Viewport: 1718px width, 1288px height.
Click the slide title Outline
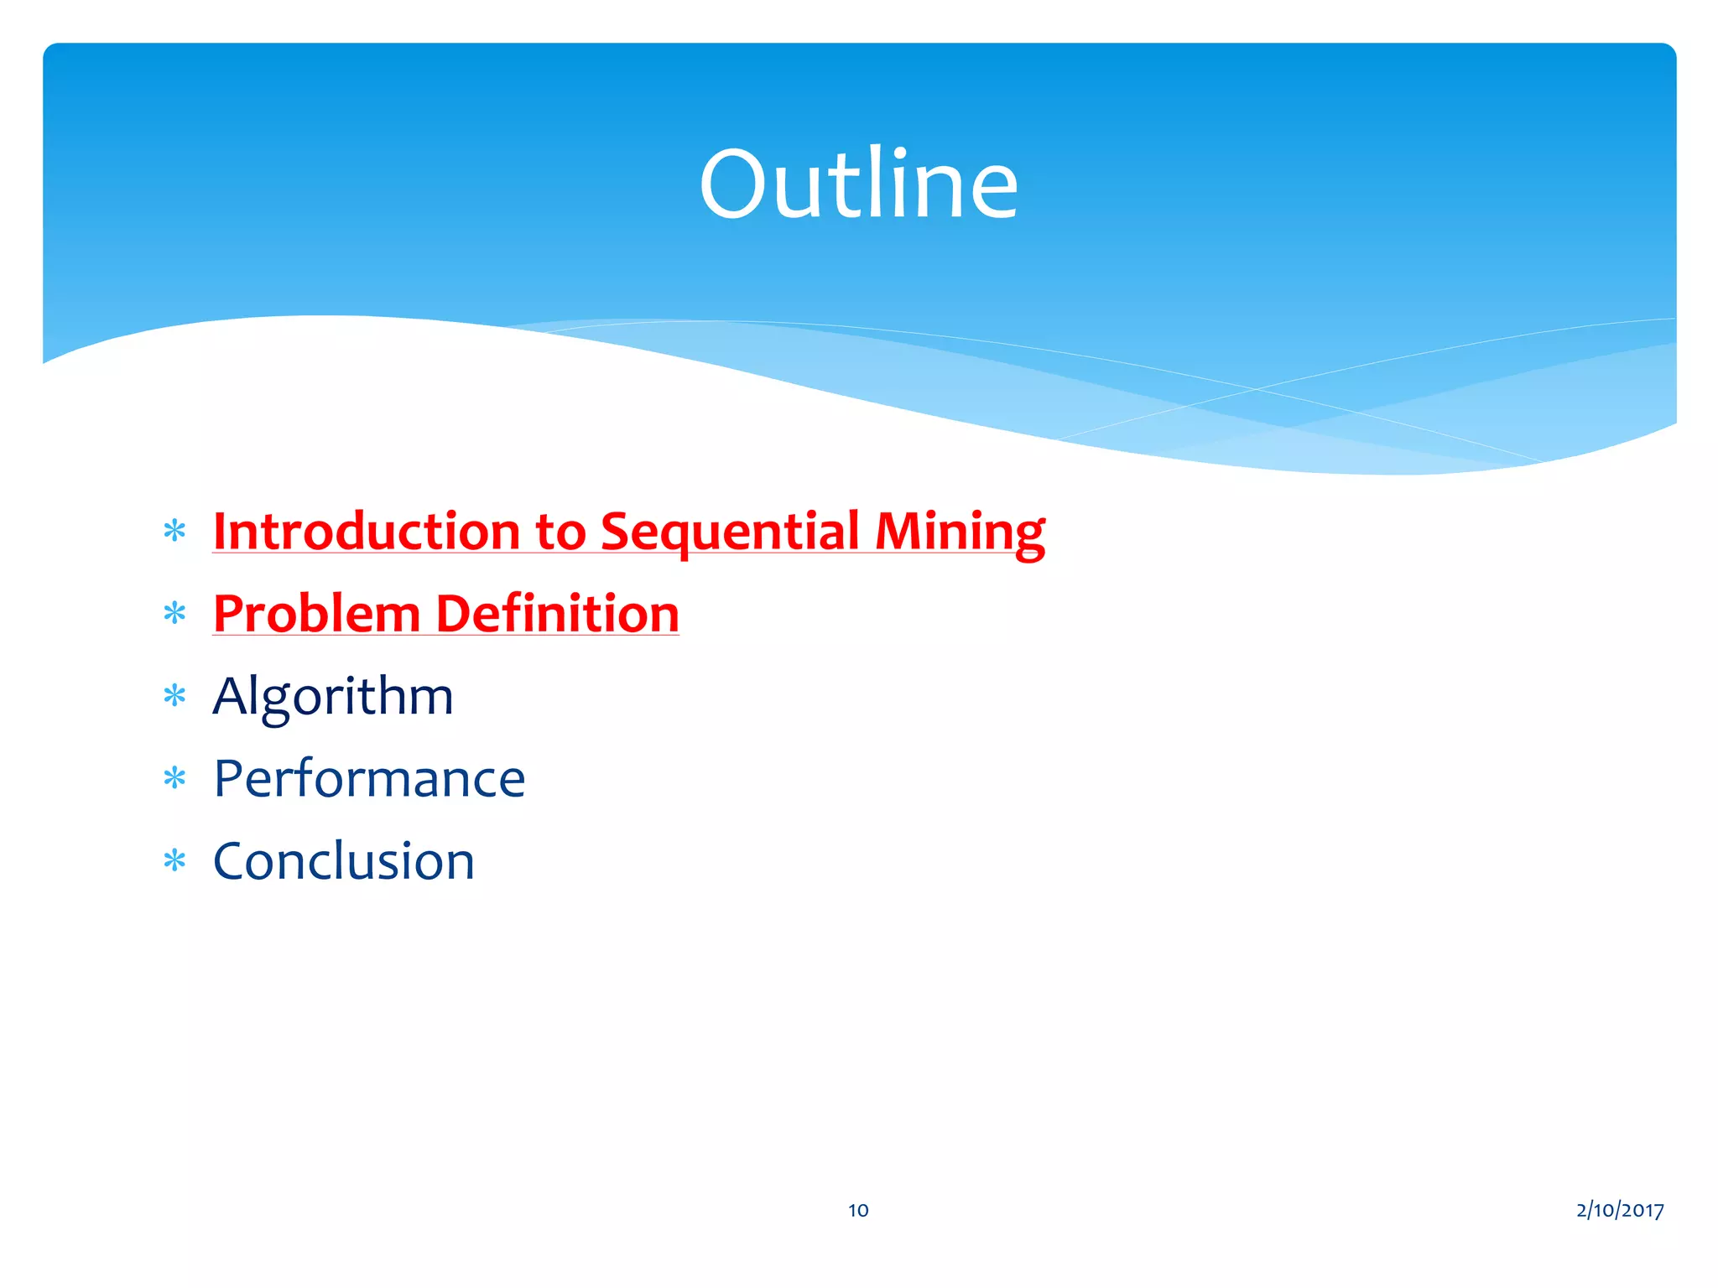[x=858, y=184]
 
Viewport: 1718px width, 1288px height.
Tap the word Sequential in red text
[x=730, y=532]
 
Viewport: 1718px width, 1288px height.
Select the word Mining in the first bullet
[x=960, y=532]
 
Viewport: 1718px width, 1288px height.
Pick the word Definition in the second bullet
[x=557, y=614]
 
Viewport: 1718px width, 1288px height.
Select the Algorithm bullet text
[x=333, y=696]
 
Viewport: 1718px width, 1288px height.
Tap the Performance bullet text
[x=369, y=779]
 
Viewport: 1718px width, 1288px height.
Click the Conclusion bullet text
[x=344, y=861]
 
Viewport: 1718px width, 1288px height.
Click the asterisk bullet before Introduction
[x=174, y=532]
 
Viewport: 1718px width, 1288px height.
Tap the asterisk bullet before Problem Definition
[x=174, y=614]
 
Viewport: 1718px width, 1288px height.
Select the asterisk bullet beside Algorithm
[x=174, y=696]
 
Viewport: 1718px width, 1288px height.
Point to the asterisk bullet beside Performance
[x=174, y=779]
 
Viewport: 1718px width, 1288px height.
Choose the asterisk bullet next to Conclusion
[x=174, y=861]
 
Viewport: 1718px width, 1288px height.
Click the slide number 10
[x=858, y=1210]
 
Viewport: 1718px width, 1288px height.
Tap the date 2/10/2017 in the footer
[x=1620, y=1210]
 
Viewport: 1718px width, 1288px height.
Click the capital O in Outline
[x=733, y=185]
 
